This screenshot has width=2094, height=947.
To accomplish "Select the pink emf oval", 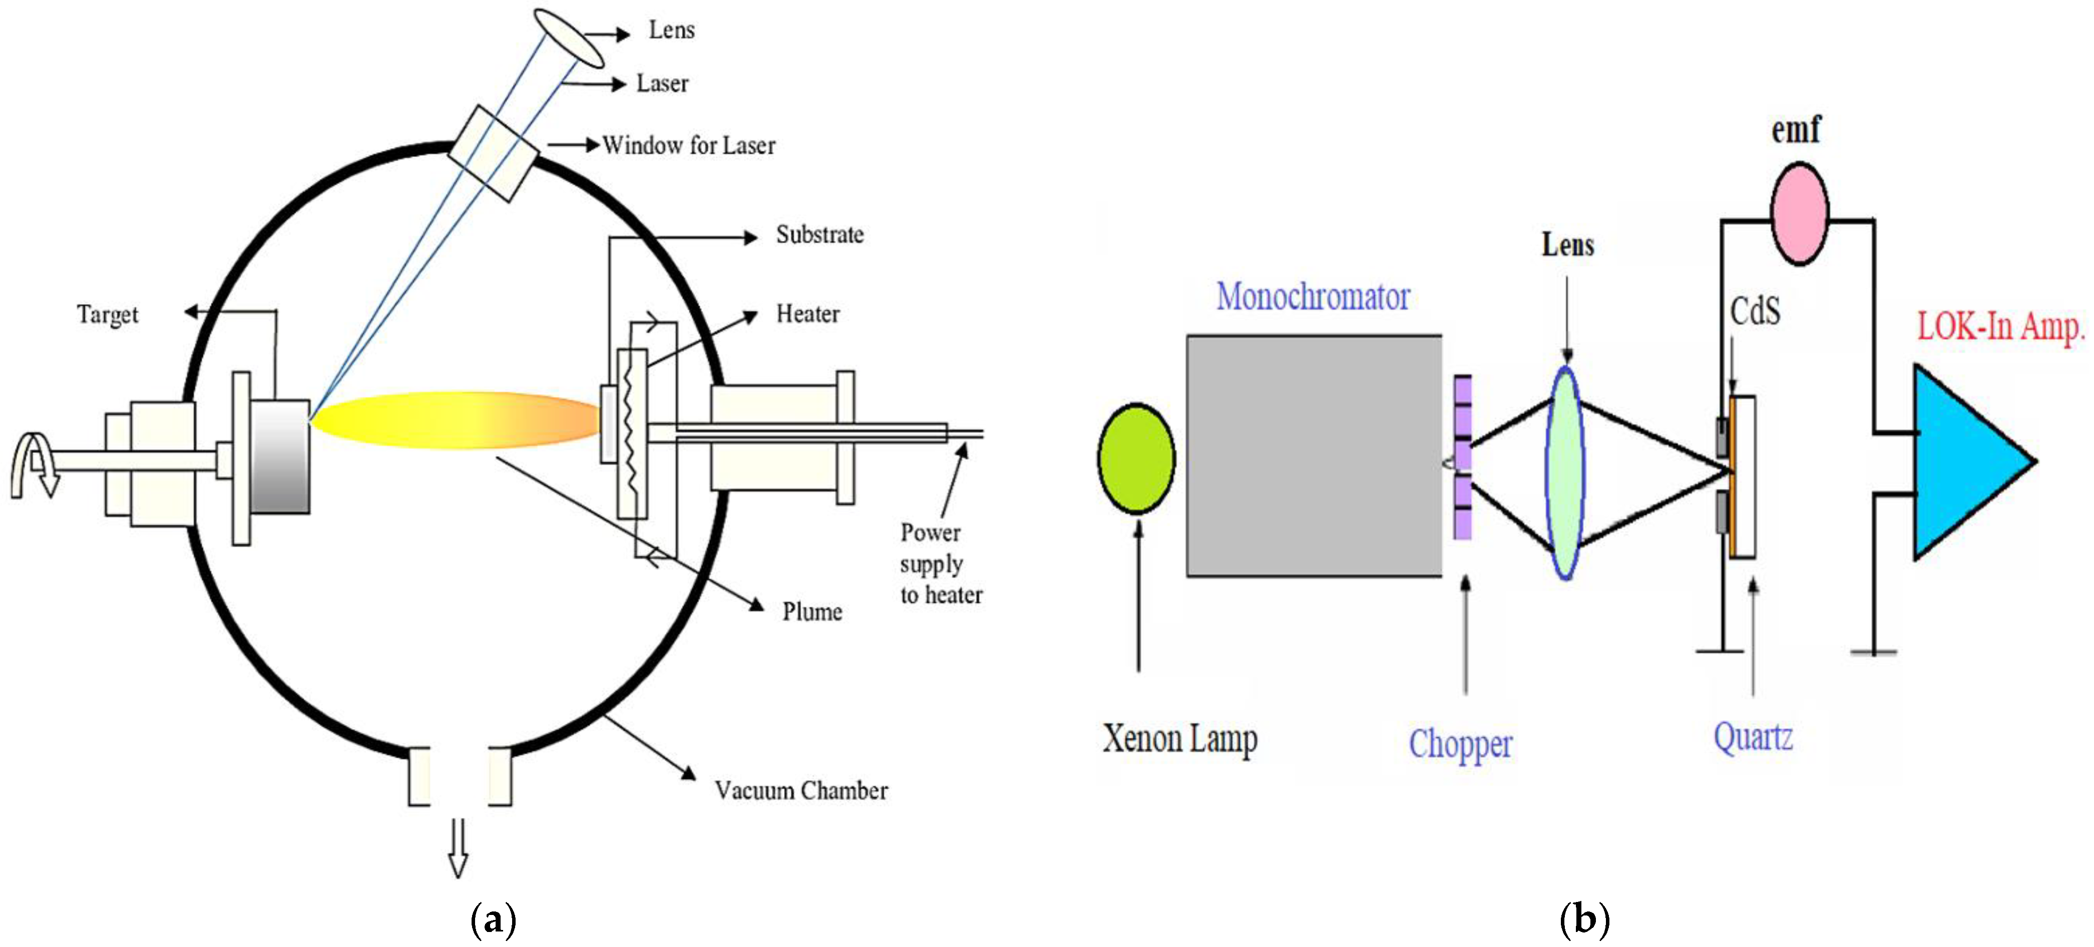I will tap(1799, 214).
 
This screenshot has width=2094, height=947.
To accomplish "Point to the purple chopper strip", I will tap(1462, 457).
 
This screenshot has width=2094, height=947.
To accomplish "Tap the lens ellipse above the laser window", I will tap(569, 38).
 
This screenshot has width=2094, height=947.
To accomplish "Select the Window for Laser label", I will tap(688, 146).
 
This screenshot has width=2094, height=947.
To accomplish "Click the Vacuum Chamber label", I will tap(800, 790).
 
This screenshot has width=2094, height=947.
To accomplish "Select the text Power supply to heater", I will tap(941, 563).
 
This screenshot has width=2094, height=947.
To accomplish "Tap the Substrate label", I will tap(819, 235).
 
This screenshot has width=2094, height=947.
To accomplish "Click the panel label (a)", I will tap(494, 920).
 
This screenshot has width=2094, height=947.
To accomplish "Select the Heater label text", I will tap(807, 314).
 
